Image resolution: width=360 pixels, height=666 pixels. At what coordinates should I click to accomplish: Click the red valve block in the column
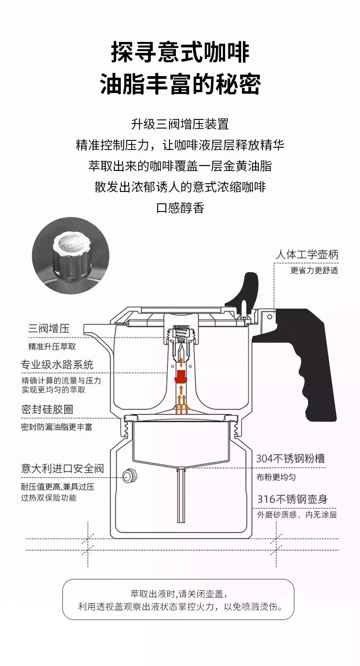click(x=180, y=377)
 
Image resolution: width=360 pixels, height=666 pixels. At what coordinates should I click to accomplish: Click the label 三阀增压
click(x=49, y=329)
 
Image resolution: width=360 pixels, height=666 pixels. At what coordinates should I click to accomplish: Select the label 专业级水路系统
click(x=57, y=365)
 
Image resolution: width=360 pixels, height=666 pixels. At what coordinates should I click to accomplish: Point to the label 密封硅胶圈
click(x=47, y=409)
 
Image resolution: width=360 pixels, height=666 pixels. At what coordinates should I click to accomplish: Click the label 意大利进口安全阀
click(x=62, y=469)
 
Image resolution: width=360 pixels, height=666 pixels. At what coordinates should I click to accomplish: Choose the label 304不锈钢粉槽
click(x=290, y=459)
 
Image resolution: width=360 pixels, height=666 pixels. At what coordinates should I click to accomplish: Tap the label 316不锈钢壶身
click(x=292, y=499)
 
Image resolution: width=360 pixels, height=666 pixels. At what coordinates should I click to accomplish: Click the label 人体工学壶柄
click(x=307, y=255)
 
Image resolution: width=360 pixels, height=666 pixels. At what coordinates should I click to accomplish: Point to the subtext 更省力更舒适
click(x=314, y=271)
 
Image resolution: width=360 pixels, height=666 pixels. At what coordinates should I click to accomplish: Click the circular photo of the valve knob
click(x=71, y=256)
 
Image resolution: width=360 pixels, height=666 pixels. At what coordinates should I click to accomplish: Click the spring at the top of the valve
click(x=181, y=335)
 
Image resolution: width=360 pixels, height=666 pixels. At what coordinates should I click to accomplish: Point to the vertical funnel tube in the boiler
click(x=181, y=496)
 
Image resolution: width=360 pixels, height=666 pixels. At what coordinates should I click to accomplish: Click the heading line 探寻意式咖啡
click(x=180, y=52)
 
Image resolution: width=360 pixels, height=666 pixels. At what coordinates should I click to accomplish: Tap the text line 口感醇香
click(x=180, y=208)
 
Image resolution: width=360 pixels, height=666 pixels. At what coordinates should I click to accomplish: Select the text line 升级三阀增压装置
click(x=180, y=124)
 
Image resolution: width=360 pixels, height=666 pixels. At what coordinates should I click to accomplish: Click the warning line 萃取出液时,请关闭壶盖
click(x=179, y=594)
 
